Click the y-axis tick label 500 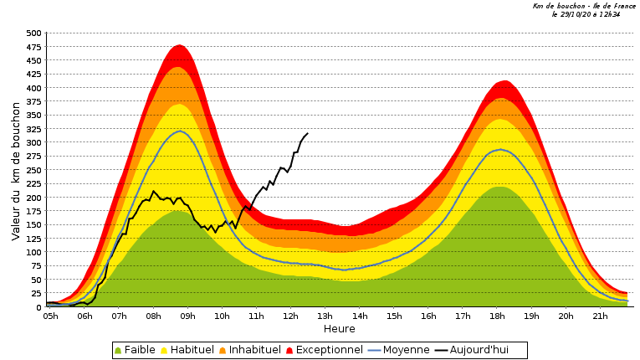point(33,33)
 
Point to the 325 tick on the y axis point(33,129)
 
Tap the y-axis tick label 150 point(33,225)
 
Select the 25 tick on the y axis point(36,294)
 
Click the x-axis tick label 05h point(50,316)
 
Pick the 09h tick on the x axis point(187,316)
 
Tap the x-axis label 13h point(325,316)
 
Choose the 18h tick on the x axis point(497,316)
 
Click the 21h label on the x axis point(600,316)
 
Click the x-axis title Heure point(339,329)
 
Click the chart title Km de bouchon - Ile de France point(584,6)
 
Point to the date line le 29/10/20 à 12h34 point(586,14)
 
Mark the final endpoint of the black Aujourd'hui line point(308,133)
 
